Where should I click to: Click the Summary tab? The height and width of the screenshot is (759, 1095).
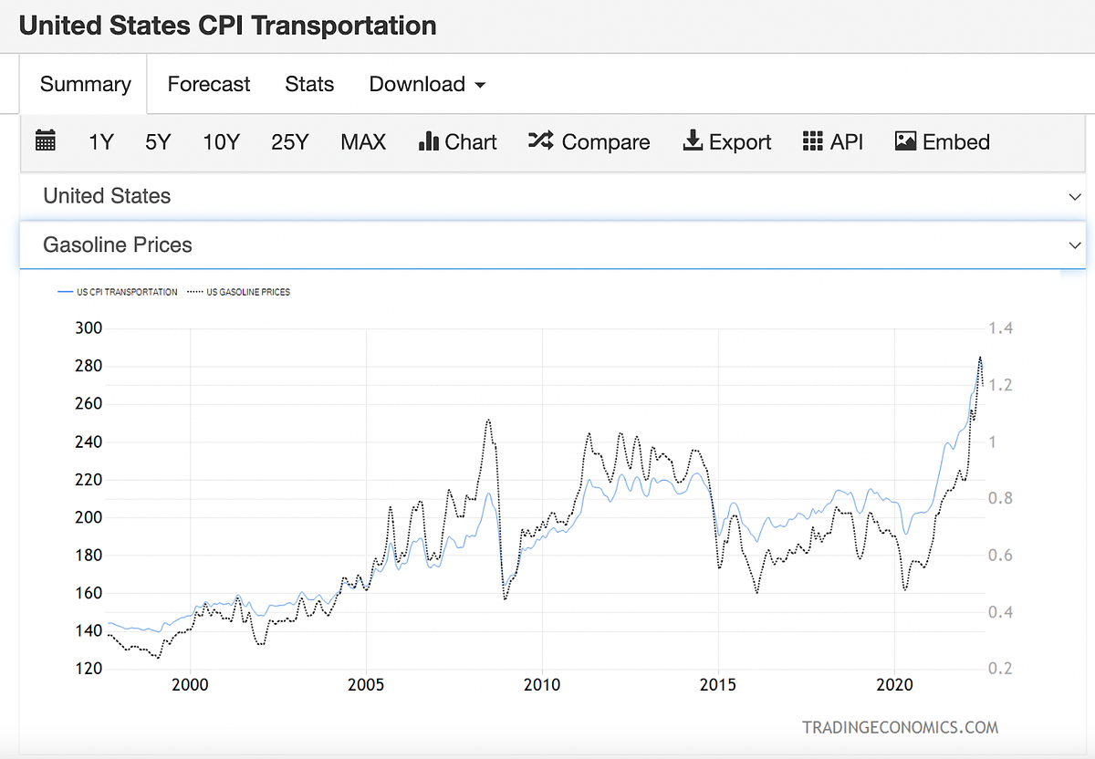85,85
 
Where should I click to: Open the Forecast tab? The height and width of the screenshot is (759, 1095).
208,85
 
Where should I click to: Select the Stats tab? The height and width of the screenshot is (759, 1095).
309,85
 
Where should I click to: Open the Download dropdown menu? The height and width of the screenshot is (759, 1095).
427,85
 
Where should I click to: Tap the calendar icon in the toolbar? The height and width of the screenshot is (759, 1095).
46,141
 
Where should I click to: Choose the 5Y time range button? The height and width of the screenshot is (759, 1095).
158,142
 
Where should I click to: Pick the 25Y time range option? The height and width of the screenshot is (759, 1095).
289,142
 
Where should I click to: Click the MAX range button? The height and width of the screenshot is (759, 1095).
363,142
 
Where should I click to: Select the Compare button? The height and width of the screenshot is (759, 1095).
589,142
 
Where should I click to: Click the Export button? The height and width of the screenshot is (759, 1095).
727,142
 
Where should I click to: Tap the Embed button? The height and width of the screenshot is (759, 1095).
943,142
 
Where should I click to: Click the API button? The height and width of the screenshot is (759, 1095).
832,142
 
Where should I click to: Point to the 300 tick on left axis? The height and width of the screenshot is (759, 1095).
89,328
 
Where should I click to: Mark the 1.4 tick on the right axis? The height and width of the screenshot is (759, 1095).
1001,328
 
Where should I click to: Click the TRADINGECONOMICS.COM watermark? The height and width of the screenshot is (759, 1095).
900,728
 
